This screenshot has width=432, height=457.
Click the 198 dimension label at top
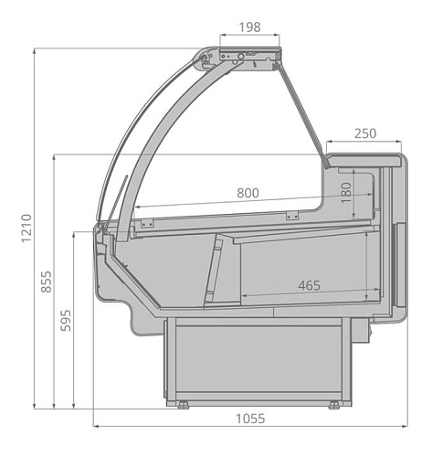(x=249, y=27)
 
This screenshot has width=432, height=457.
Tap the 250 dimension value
(x=365, y=133)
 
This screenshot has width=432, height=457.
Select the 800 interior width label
(x=248, y=193)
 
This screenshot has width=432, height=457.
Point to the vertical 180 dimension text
(x=346, y=193)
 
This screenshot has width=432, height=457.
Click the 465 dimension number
(x=309, y=285)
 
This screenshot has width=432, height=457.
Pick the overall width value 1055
(x=250, y=419)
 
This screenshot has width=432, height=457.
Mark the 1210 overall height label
(x=26, y=228)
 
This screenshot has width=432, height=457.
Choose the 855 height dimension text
(x=47, y=282)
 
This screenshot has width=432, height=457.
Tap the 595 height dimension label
(x=66, y=320)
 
